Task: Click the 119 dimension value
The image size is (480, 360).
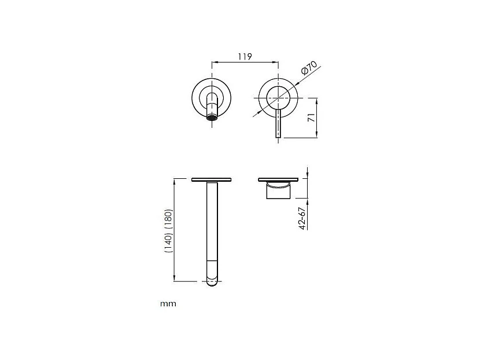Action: pyautogui.click(x=244, y=56)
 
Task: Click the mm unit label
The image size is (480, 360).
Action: pyautogui.click(x=168, y=303)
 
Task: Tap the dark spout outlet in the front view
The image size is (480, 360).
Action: pyautogui.click(x=213, y=119)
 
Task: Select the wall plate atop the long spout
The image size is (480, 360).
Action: pyautogui.click(x=212, y=179)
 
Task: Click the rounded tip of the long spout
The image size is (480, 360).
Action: pyautogui.click(x=213, y=282)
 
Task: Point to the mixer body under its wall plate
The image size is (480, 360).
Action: pyautogui.click(x=279, y=192)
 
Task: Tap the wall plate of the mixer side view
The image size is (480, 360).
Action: pyautogui.click(x=279, y=179)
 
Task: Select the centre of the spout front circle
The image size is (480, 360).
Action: pyautogui.click(x=212, y=96)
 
